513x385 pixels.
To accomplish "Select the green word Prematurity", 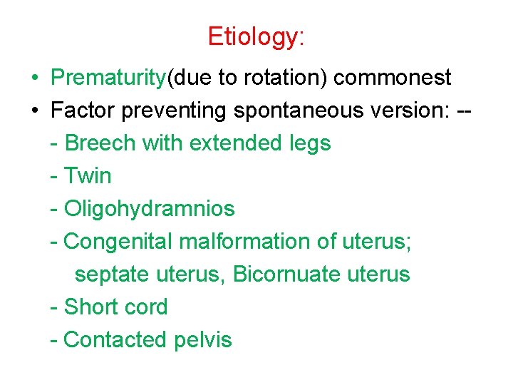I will [x=108, y=78].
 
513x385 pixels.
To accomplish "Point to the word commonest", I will [x=392, y=78].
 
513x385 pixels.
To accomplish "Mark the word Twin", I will [x=88, y=176].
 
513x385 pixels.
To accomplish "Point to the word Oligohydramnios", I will [x=149, y=209].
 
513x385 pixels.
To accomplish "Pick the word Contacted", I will [x=116, y=340].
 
